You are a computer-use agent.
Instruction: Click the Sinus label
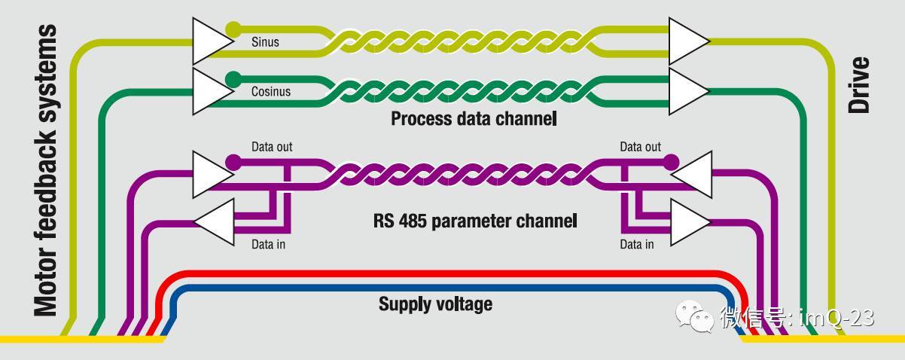tap(265, 42)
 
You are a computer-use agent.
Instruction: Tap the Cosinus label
tap(270, 92)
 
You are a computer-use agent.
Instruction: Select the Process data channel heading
tap(473, 118)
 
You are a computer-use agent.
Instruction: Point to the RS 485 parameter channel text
tap(474, 221)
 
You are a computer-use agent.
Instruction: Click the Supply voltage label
tap(435, 304)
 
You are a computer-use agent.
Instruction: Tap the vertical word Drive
tap(859, 84)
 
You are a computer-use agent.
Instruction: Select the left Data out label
tap(272, 146)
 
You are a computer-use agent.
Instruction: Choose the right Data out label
tap(640, 146)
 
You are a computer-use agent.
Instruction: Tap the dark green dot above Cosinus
tap(233, 78)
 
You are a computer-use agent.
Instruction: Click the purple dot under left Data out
tap(233, 161)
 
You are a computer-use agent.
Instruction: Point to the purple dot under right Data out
tap(671, 161)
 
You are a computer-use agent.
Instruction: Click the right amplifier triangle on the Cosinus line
tap(687, 89)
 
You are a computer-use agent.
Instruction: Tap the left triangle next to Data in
tap(215, 221)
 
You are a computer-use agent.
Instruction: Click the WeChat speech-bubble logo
tap(694, 317)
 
